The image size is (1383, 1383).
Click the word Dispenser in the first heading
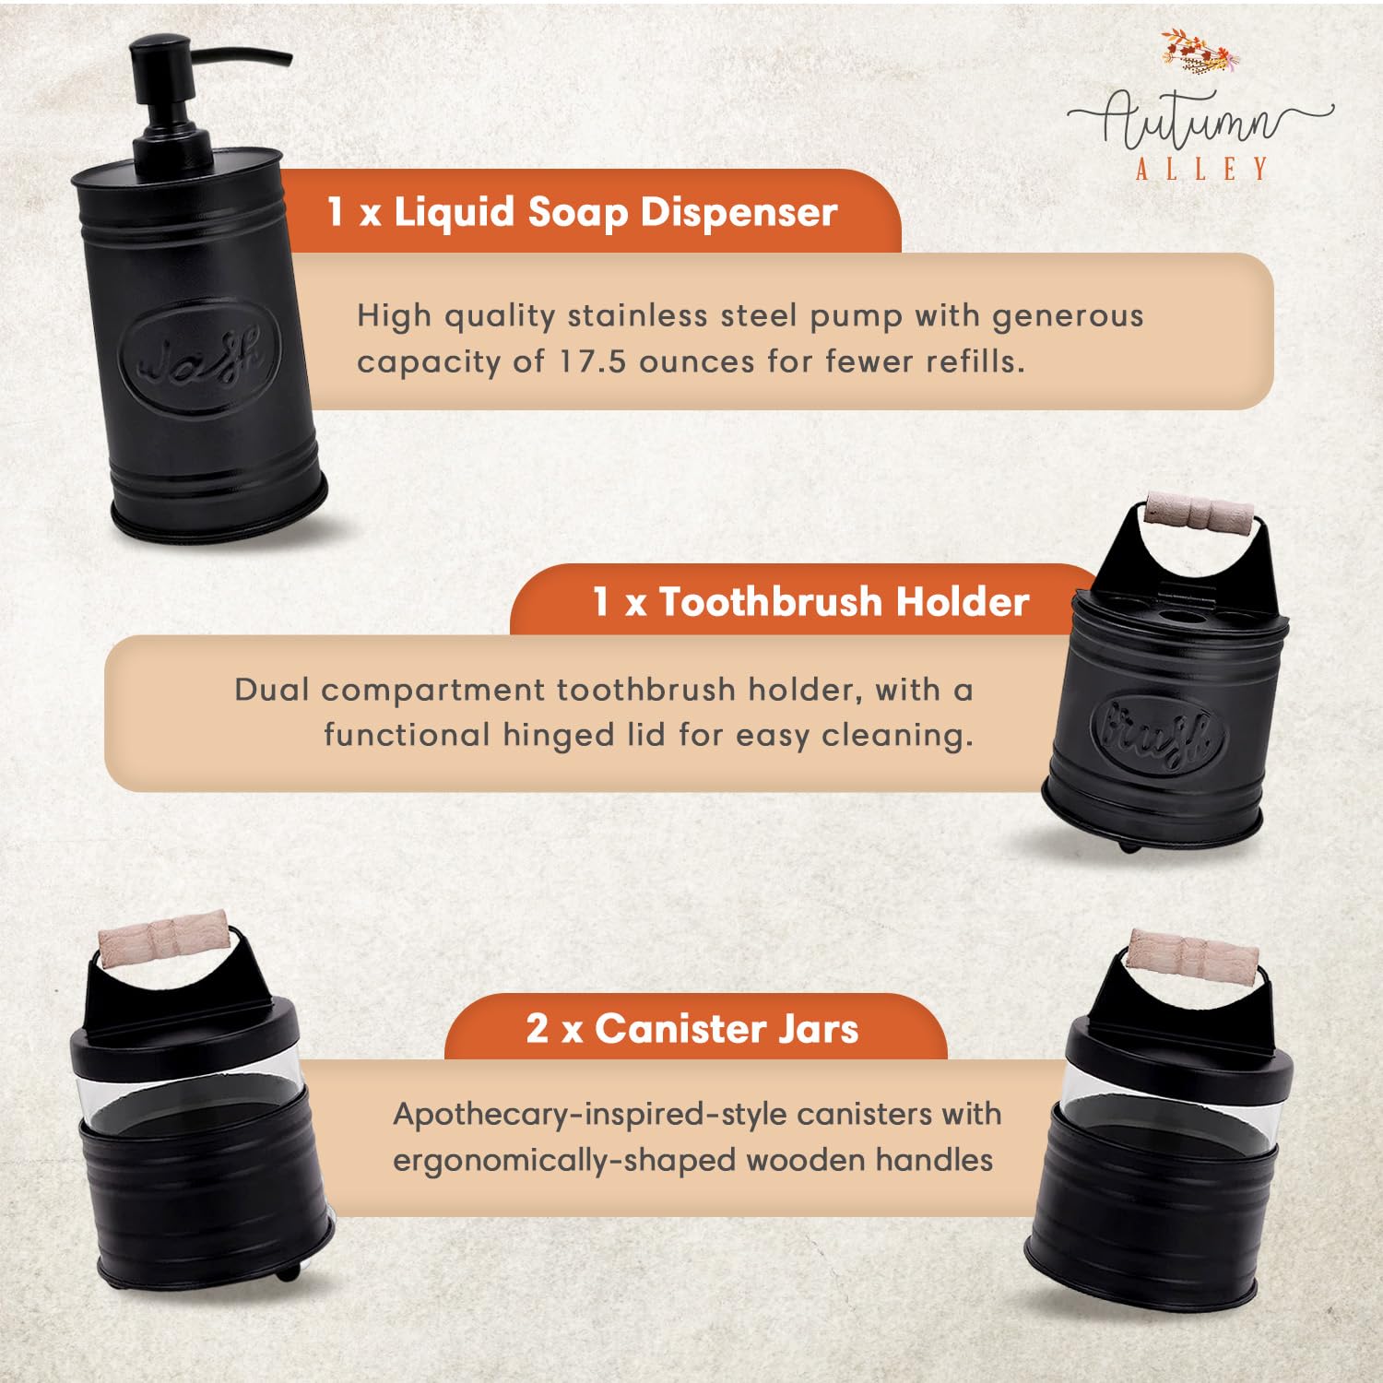tap(739, 212)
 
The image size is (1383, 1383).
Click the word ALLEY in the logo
tap(1201, 169)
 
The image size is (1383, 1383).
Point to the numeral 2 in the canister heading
tap(537, 1029)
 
